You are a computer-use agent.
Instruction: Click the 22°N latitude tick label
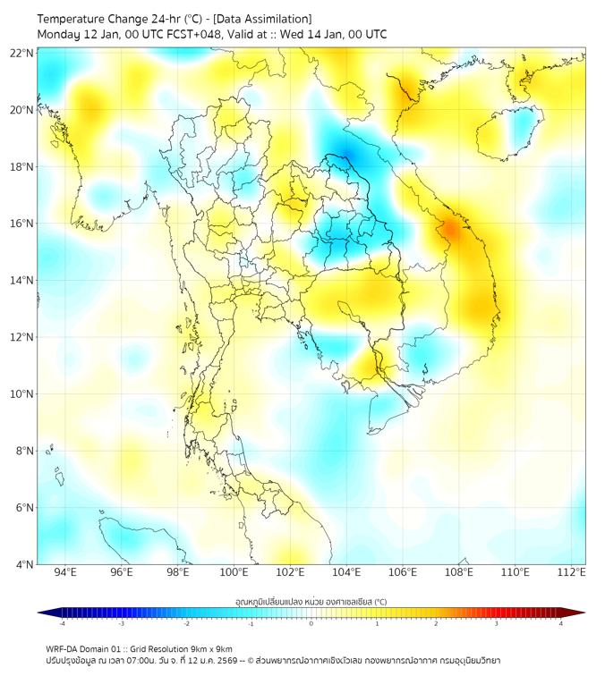22,53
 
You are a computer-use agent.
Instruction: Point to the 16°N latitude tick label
22,224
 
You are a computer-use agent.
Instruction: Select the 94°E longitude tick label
65,572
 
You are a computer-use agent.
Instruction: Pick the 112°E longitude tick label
571,572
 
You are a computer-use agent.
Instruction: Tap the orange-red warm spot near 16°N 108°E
450,230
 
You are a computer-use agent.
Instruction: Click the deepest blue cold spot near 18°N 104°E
345,156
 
